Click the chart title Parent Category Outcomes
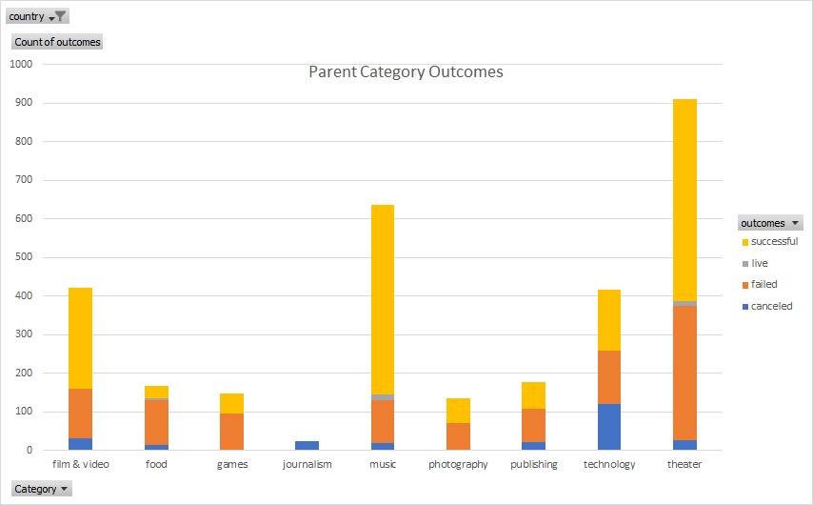coord(406,72)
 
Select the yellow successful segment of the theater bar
coord(684,200)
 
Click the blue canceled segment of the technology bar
coord(608,427)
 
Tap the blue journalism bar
coord(307,445)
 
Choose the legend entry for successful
coord(773,242)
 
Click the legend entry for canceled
coord(770,306)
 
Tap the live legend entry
coord(759,263)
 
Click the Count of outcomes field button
coord(57,42)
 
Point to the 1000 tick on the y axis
coord(21,64)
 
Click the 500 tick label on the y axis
coord(24,257)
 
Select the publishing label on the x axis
coord(533,465)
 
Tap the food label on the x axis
coord(156,465)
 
